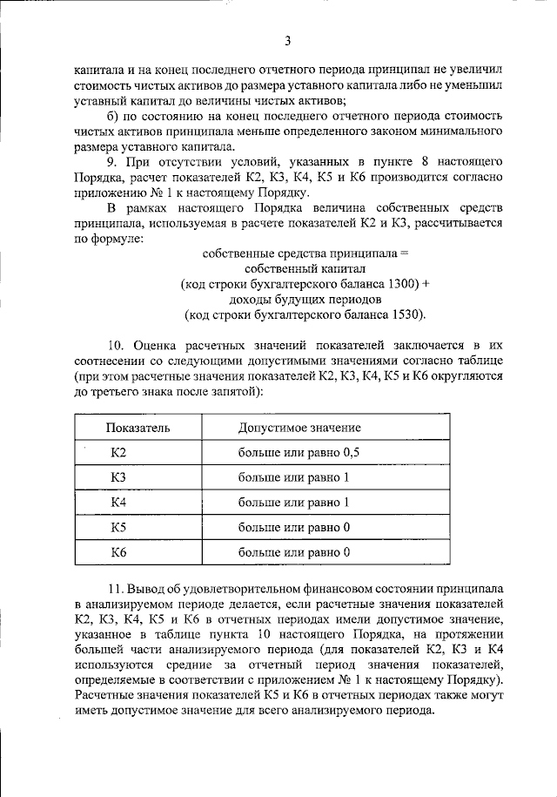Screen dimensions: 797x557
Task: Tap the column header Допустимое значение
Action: [299, 428]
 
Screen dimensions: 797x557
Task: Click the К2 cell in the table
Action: [118, 452]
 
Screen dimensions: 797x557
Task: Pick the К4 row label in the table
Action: [118, 502]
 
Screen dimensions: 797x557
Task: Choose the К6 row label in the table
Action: [118, 551]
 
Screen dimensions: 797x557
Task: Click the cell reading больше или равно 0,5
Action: [299, 452]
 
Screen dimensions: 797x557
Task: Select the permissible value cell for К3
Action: [293, 477]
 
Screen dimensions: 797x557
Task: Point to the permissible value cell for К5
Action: [293, 527]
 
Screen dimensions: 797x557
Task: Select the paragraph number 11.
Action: [117, 590]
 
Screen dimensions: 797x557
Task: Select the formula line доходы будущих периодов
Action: [304, 300]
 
